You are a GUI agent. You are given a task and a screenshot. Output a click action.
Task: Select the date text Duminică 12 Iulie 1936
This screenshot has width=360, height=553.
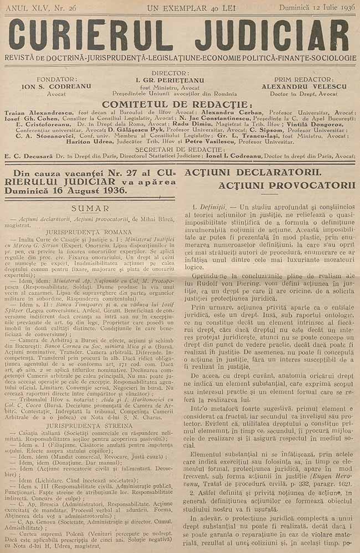pos(316,7)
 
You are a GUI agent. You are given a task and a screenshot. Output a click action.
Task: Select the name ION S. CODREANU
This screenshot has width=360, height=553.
pos(45,87)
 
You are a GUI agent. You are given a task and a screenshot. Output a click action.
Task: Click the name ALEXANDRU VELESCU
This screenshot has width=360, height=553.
pos(304,87)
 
